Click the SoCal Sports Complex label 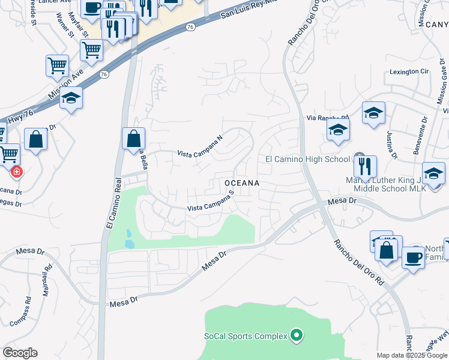246,336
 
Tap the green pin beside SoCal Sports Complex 295,335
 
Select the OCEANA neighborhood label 241,182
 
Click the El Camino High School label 307,159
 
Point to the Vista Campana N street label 200,146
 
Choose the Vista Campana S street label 210,202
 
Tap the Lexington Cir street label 410,71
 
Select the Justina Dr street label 393,146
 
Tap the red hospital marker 16,172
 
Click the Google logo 20,353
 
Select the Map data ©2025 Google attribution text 412,355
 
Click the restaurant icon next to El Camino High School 364,166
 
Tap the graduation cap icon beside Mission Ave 71,97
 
